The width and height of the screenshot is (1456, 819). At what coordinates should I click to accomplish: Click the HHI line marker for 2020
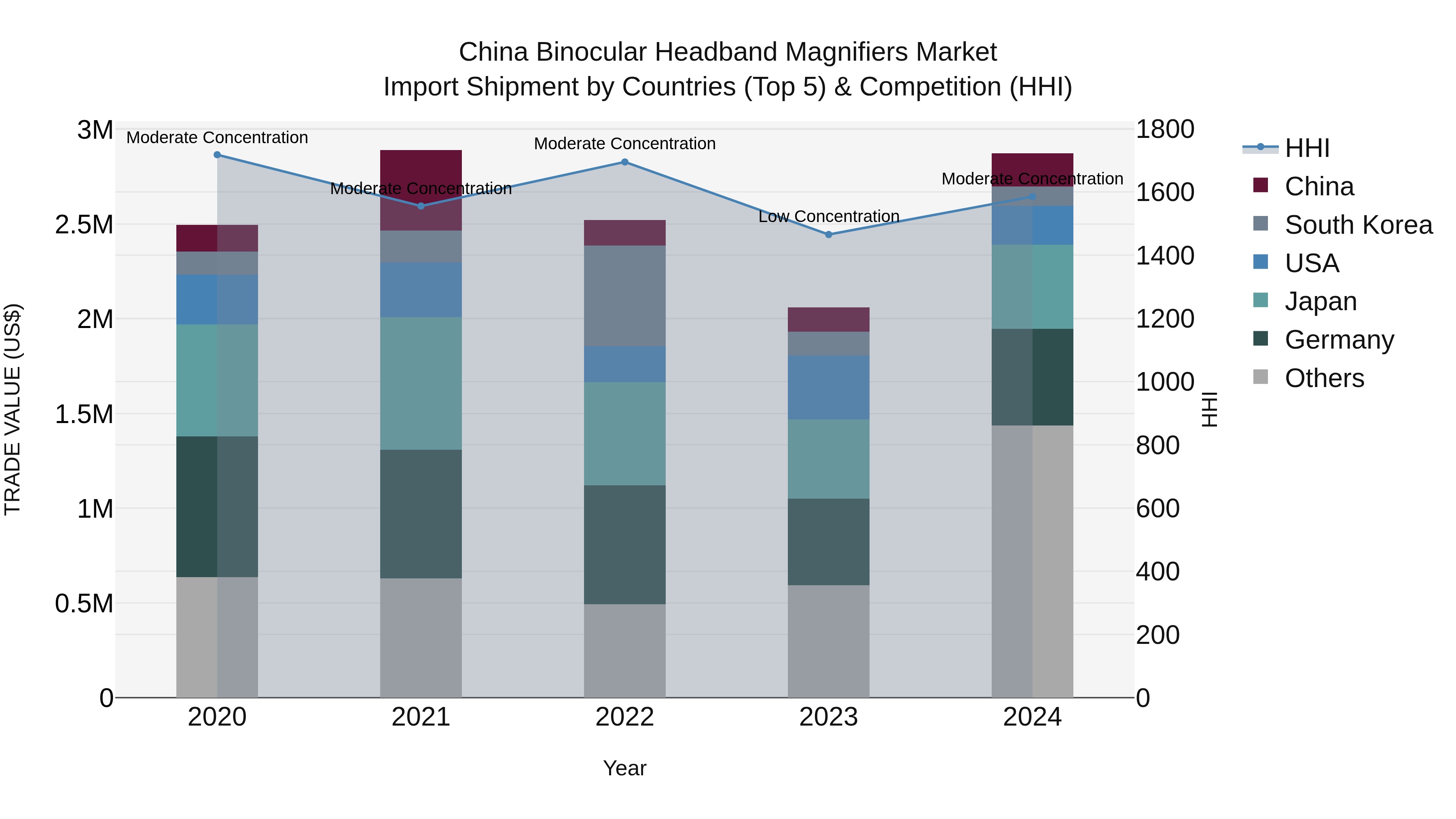click(x=217, y=155)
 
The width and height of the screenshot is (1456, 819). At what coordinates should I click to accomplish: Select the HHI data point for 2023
click(x=829, y=235)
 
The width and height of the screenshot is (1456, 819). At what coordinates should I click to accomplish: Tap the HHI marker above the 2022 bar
click(x=624, y=162)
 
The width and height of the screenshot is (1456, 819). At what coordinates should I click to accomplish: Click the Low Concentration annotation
click(x=829, y=216)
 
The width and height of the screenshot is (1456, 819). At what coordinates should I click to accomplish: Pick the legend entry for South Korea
click(x=1358, y=225)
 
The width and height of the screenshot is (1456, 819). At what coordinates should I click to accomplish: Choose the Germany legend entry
click(x=1339, y=340)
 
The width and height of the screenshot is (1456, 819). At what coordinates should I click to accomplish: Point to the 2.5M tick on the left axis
click(x=84, y=225)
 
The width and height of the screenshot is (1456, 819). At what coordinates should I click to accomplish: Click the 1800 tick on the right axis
click(x=1165, y=129)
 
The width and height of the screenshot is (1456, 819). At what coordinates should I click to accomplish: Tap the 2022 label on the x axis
click(x=624, y=717)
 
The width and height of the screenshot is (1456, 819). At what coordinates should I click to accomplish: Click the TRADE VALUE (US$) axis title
click(x=13, y=409)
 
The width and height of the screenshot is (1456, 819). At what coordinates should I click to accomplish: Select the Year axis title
click(x=624, y=768)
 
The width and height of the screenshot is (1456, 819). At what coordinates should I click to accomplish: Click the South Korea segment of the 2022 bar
click(x=624, y=296)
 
